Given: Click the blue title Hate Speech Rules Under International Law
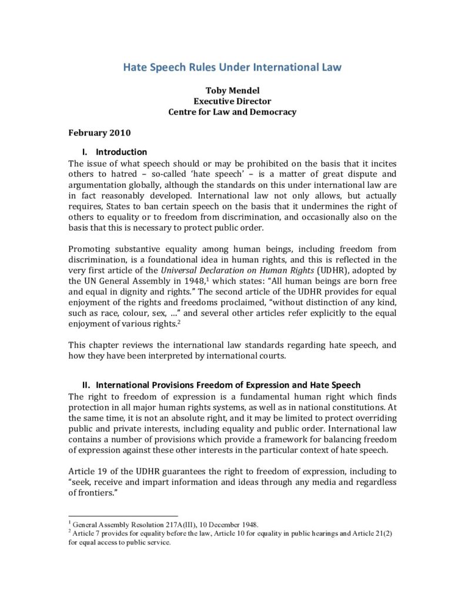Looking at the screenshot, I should (x=232, y=67).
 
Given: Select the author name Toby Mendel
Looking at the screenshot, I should (x=232, y=90).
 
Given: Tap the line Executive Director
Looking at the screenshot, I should (x=232, y=101).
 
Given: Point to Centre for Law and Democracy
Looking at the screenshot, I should (x=232, y=112).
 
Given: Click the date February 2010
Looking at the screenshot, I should (x=99, y=133).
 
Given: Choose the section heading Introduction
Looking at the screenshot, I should (x=122, y=152).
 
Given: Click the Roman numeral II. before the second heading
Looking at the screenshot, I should (x=86, y=385).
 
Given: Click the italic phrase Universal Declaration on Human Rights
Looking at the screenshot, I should (x=220, y=271).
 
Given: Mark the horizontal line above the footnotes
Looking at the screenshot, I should (x=123, y=516).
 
